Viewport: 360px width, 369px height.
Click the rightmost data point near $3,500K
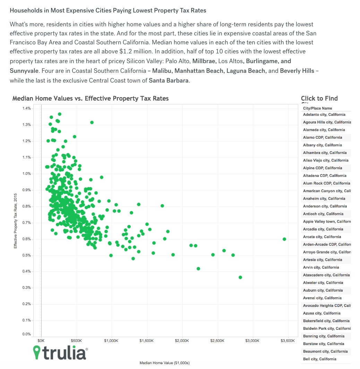[x=284, y=239]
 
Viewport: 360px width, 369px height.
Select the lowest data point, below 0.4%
[x=240, y=277]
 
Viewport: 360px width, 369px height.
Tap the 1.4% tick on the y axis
[x=27, y=109]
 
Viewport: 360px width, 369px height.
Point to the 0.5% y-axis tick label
[x=27, y=256]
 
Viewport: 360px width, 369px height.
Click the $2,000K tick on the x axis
[x=182, y=341]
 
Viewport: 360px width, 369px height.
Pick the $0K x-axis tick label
[x=41, y=341]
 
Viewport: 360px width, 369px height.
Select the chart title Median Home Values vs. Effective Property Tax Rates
[x=91, y=98]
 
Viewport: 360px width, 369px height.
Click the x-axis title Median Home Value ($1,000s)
[x=164, y=363]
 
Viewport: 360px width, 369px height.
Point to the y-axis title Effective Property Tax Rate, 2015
[x=16, y=221]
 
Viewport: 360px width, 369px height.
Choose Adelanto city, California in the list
[x=324, y=114]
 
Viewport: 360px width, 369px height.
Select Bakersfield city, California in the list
[x=326, y=321]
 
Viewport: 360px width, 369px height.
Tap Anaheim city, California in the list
[x=324, y=199]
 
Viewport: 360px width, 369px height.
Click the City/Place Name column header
[x=317, y=108]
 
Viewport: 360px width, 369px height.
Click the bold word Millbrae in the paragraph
[x=204, y=61]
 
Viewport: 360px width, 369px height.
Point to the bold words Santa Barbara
[x=169, y=80]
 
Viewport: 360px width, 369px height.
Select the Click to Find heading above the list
[x=319, y=98]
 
